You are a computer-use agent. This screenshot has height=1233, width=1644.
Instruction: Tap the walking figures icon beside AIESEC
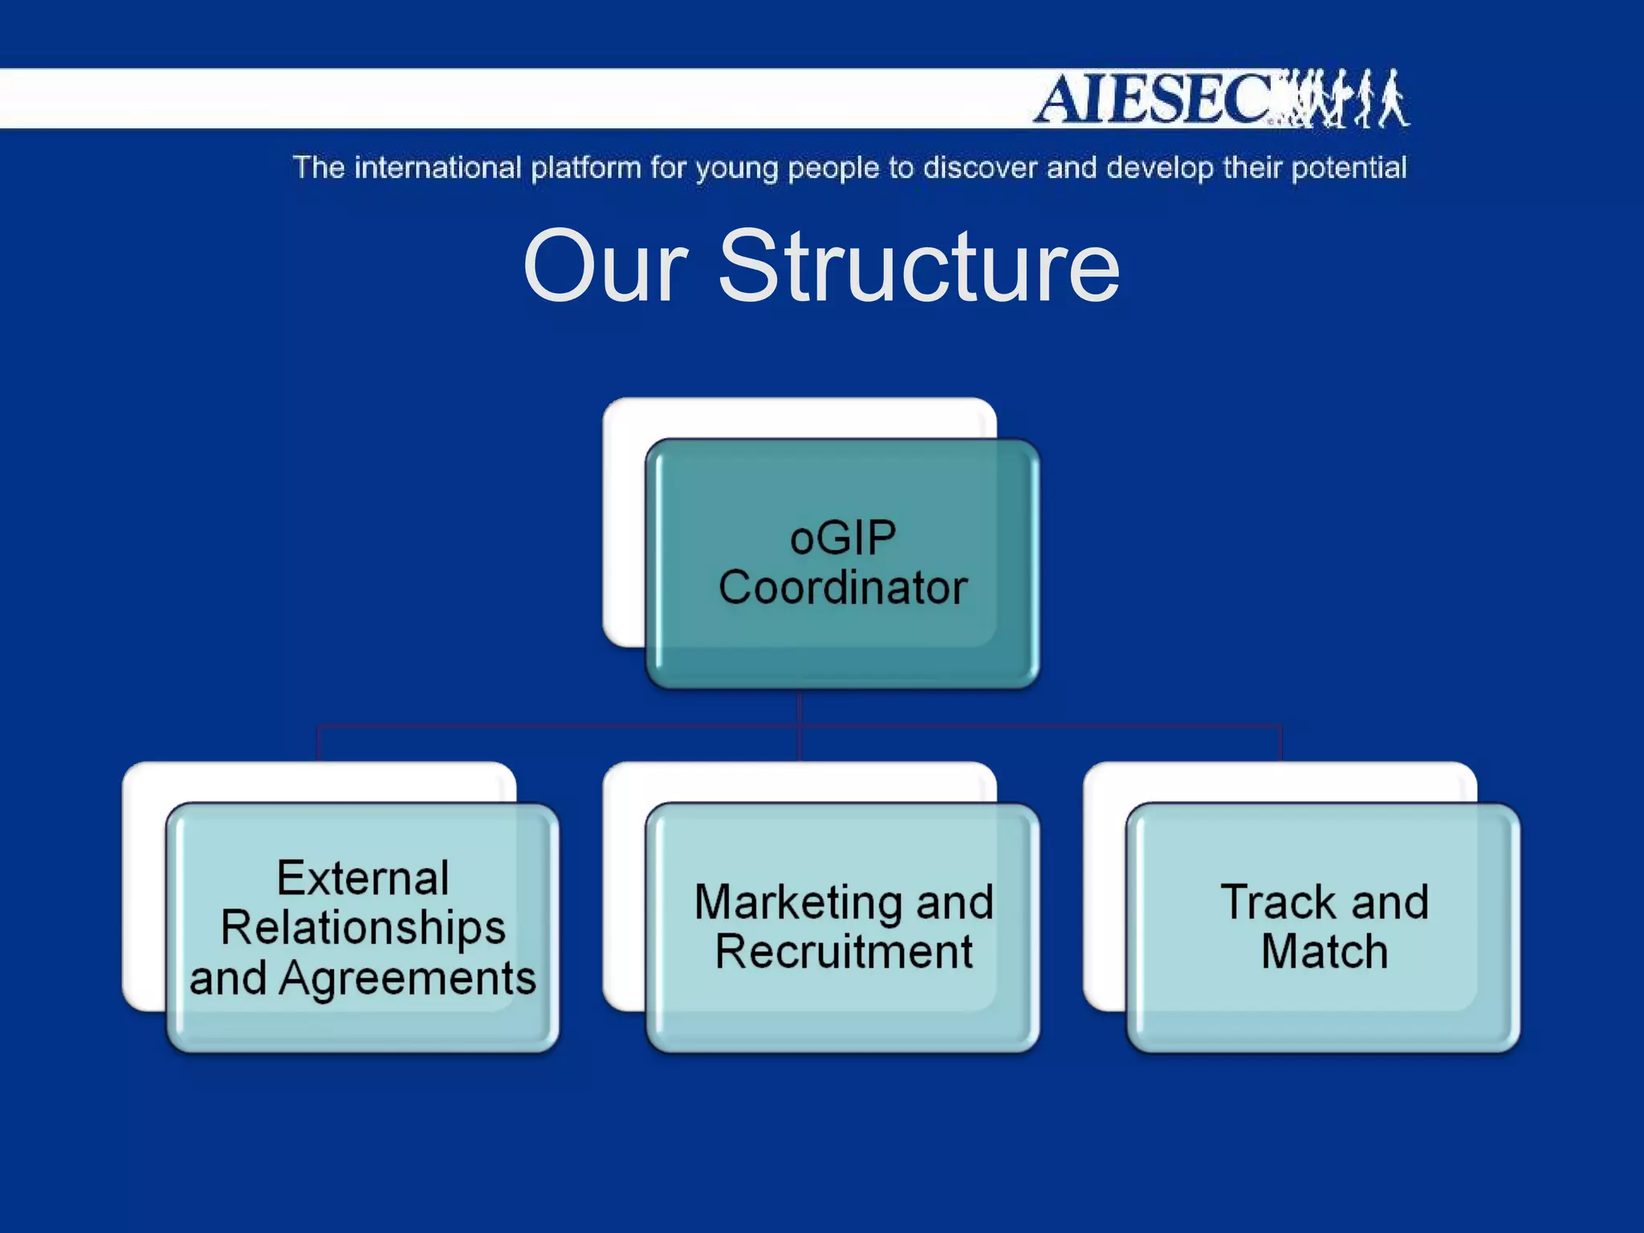pos(1349,99)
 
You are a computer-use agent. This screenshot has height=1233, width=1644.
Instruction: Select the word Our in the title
pos(605,267)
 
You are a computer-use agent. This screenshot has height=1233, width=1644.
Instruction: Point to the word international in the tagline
pos(437,168)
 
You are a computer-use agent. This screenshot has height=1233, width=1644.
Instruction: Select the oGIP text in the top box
pos(843,538)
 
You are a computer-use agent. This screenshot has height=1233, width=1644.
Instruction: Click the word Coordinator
pos(843,588)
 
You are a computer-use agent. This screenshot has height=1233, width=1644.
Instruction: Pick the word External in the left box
pos(363,877)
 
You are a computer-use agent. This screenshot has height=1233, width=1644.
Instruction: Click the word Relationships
pos(363,928)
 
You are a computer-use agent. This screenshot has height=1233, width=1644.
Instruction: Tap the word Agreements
pos(408,979)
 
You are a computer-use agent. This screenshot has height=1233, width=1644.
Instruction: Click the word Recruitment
pos(844,952)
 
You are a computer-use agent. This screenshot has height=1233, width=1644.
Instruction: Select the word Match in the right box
pos(1325,952)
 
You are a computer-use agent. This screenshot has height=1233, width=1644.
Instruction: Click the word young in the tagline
pos(737,169)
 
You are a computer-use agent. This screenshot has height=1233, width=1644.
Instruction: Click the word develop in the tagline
pos(1160,169)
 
